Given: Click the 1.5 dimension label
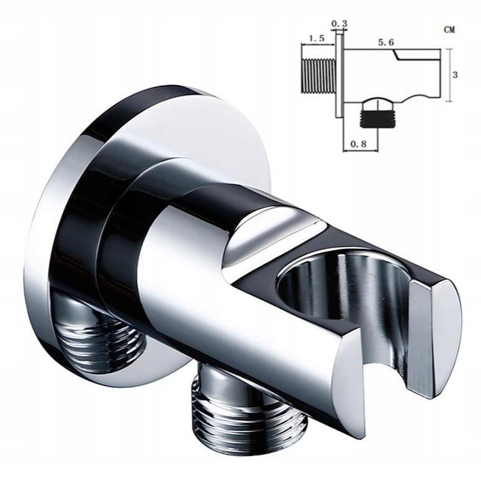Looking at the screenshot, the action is pyautogui.click(x=317, y=38).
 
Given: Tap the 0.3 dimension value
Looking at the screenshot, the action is pyautogui.click(x=339, y=23).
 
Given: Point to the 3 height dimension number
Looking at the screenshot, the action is pyautogui.click(x=455, y=75).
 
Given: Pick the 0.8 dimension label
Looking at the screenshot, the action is pyautogui.click(x=358, y=143).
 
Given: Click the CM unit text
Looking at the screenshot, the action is pyautogui.click(x=449, y=30).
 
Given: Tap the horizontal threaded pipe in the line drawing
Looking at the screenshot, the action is pyautogui.click(x=318, y=75).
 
